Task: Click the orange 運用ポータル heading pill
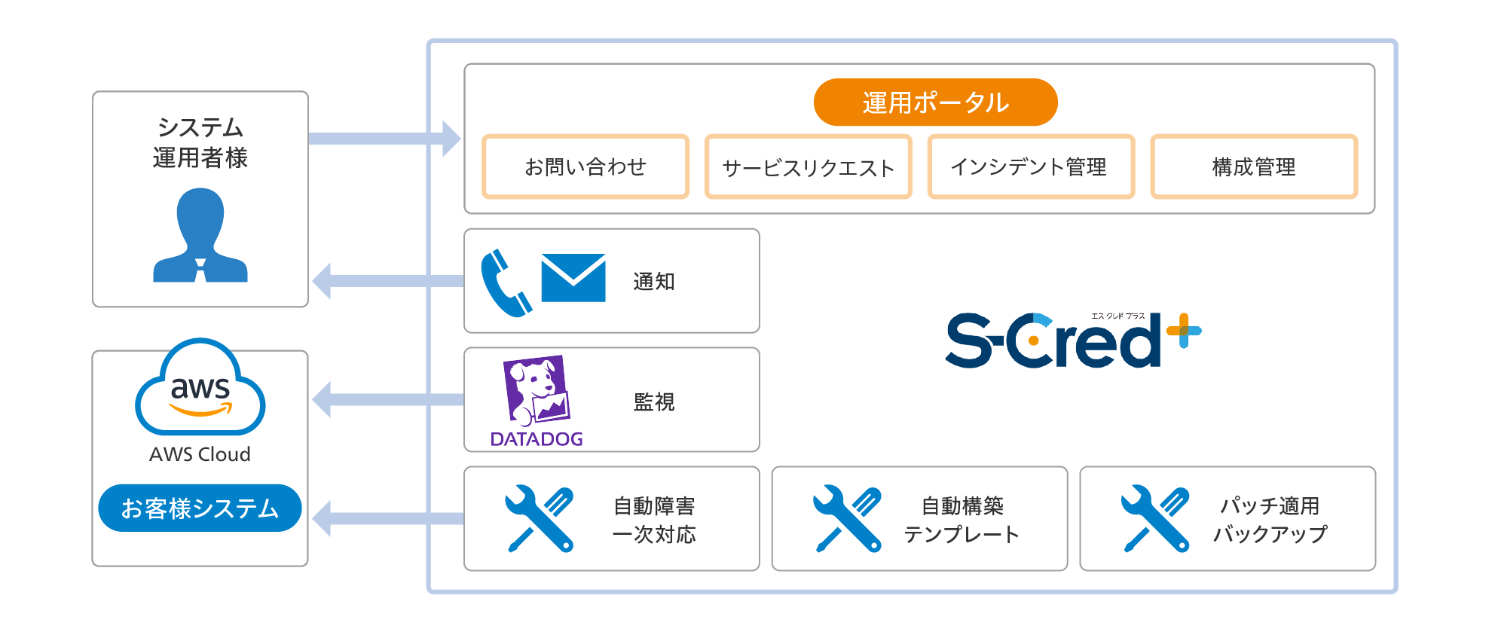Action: click(935, 102)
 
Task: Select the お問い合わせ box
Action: click(586, 166)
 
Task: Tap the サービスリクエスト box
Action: click(808, 166)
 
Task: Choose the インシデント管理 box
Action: click(1030, 166)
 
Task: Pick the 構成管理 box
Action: click(1254, 166)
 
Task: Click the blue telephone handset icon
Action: click(505, 283)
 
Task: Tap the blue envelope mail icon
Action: click(573, 278)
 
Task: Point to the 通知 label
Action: click(653, 282)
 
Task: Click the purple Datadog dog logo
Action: click(537, 391)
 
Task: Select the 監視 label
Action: click(653, 402)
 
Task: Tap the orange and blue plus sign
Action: click(1183, 331)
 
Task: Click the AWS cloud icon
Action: click(200, 389)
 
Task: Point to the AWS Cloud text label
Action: click(200, 454)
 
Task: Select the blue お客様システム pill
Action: click(200, 508)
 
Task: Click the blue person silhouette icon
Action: click(200, 237)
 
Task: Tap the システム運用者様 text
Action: click(200, 142)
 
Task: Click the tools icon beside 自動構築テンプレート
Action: click(847, 519)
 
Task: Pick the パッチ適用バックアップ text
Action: click(1270, 520)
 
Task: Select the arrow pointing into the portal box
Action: click(384, 139)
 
